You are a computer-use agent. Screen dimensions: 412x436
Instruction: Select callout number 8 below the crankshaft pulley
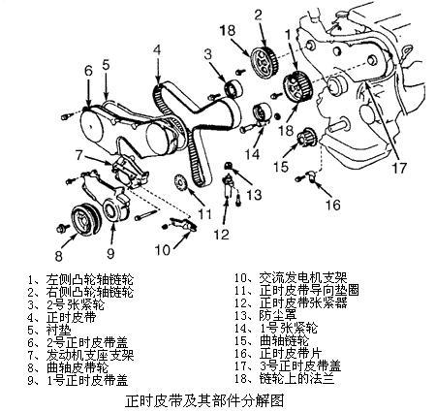[57, 257]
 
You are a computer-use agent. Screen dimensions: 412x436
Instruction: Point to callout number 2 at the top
[258, 14]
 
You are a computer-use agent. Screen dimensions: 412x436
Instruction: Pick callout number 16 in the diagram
[332, 206]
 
